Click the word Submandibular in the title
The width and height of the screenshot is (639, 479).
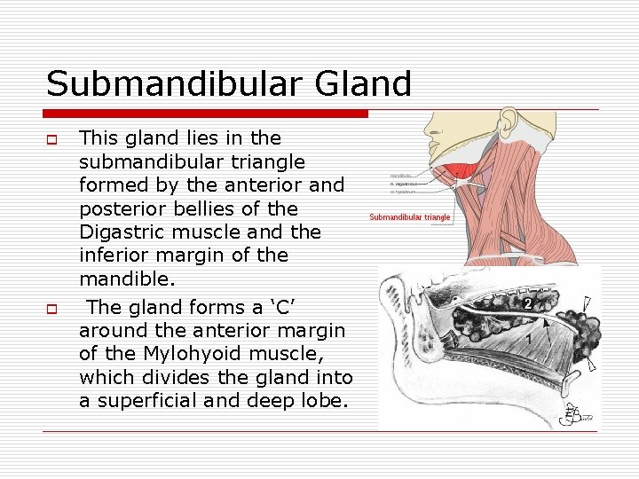177,83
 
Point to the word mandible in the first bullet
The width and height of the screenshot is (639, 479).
120,279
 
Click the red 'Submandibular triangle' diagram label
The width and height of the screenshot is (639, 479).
410,217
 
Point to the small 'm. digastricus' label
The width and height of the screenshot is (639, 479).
406,185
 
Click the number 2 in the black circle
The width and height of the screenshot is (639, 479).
527,303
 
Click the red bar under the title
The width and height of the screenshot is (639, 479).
206,114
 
